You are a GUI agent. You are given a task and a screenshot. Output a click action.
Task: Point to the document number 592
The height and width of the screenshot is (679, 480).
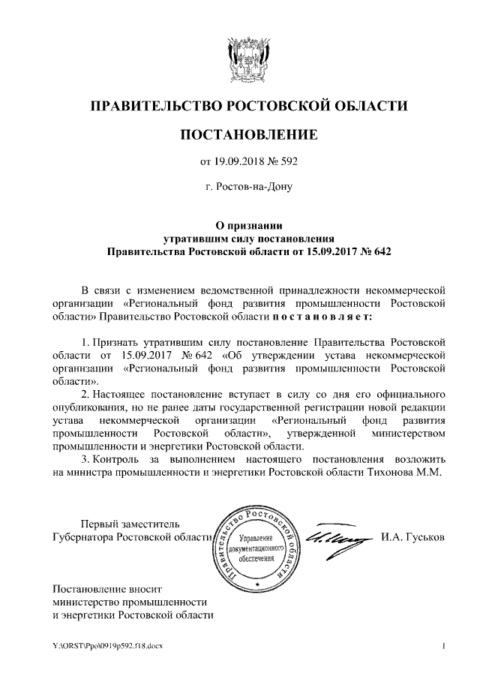tap(290, 160)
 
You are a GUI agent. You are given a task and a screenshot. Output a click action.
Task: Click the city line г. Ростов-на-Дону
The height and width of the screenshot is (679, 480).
tap(248, 185)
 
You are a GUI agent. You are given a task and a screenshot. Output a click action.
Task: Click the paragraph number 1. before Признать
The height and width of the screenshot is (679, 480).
tap(85, 343)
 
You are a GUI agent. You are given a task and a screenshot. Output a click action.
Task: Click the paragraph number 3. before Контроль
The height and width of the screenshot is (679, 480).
tap(85, 458)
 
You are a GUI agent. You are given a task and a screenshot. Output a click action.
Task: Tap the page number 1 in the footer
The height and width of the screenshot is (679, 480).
tap(444, 646)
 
